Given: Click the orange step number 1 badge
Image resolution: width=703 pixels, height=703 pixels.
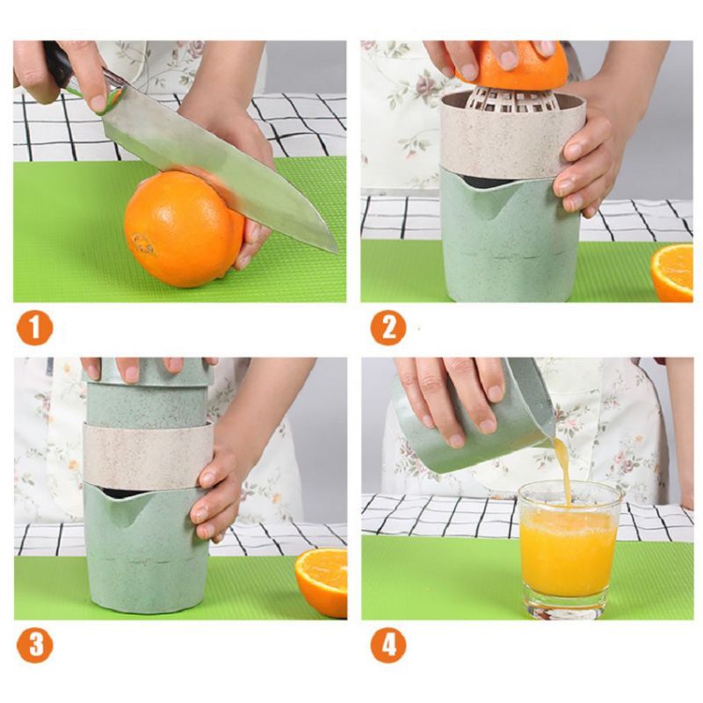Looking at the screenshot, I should click(x=35, y=328).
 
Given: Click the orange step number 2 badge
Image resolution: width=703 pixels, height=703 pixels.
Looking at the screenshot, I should click(x=388, y=328).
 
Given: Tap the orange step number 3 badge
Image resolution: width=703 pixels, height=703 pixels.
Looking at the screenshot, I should click(x=35, y=646).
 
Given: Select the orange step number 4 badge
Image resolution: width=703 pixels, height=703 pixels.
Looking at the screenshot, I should click(x=388, y=646).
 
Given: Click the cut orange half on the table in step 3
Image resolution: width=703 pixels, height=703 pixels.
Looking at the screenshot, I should click(x=322, y=581).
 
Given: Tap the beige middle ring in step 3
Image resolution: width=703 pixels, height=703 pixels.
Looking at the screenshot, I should click(x=145, y=454).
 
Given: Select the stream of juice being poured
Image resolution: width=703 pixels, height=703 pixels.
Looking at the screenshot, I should click(x=563, y=470).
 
